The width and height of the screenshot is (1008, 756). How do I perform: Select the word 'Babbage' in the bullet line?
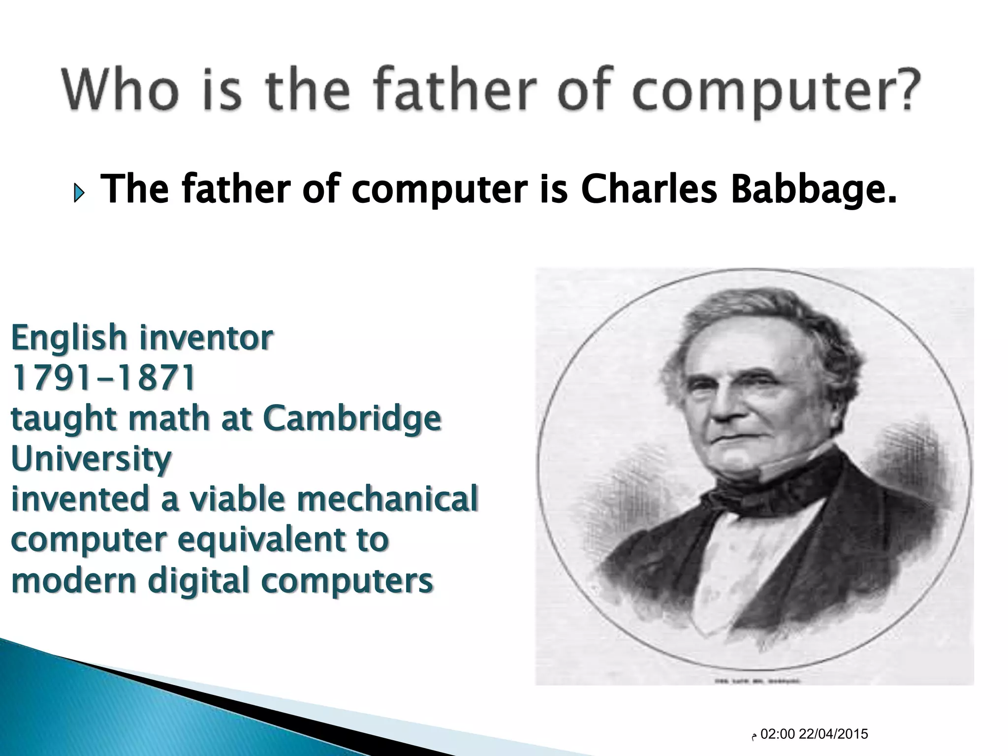812,190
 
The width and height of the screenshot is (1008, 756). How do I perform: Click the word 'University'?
92,460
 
